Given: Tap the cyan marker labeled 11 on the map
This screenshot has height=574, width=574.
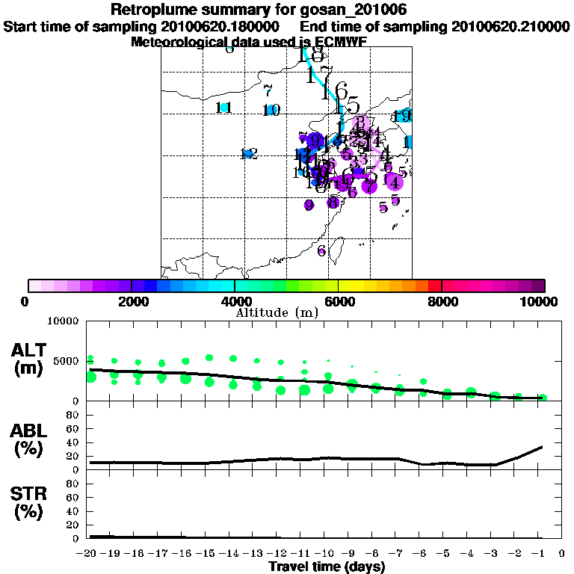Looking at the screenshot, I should click(x=224, y=108).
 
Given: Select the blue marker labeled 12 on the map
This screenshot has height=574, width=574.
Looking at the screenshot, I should click(x=247, y=153).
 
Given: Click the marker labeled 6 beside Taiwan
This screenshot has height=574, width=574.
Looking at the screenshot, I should click(x=322, y=250).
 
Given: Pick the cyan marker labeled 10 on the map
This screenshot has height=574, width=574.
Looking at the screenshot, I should click(x=271, y=111).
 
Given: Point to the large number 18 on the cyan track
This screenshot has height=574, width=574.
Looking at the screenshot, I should click(x=309, y=55).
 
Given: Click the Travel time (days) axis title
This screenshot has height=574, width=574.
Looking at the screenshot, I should click(x=327, y=567).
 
